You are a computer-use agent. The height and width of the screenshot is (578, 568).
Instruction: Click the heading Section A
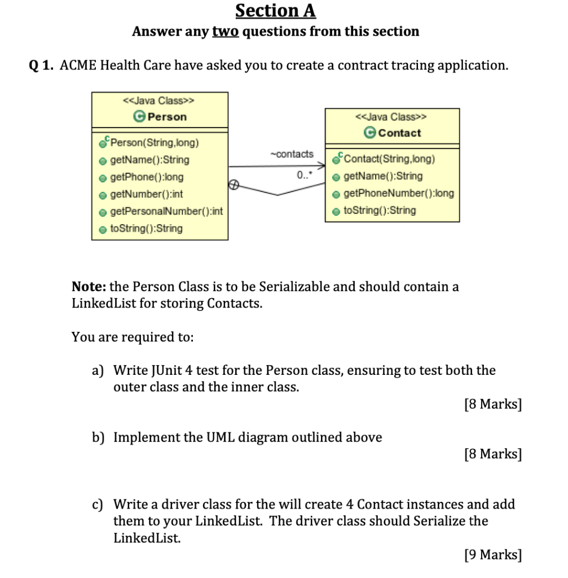[276, 11]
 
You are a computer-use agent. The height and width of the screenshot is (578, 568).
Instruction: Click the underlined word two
[226, 31]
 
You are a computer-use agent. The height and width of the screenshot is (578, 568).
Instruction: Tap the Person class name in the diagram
[166, 117]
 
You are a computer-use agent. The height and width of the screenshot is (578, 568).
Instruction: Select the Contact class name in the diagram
[400, 133]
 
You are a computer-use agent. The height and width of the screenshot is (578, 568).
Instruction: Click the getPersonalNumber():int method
[166, 212]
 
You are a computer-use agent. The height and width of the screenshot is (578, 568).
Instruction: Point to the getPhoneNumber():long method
[399, 193]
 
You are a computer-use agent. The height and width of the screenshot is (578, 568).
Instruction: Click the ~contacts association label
[292, 154]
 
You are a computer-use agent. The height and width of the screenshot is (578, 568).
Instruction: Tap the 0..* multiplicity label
[303, 176]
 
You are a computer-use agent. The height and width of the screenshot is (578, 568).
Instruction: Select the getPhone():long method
[147, 177]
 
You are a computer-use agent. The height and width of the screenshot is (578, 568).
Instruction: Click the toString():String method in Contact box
[380, 211]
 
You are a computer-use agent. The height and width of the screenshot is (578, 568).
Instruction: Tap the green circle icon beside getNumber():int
[103, 195]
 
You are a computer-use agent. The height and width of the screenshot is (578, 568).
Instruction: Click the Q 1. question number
[41, 65]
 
